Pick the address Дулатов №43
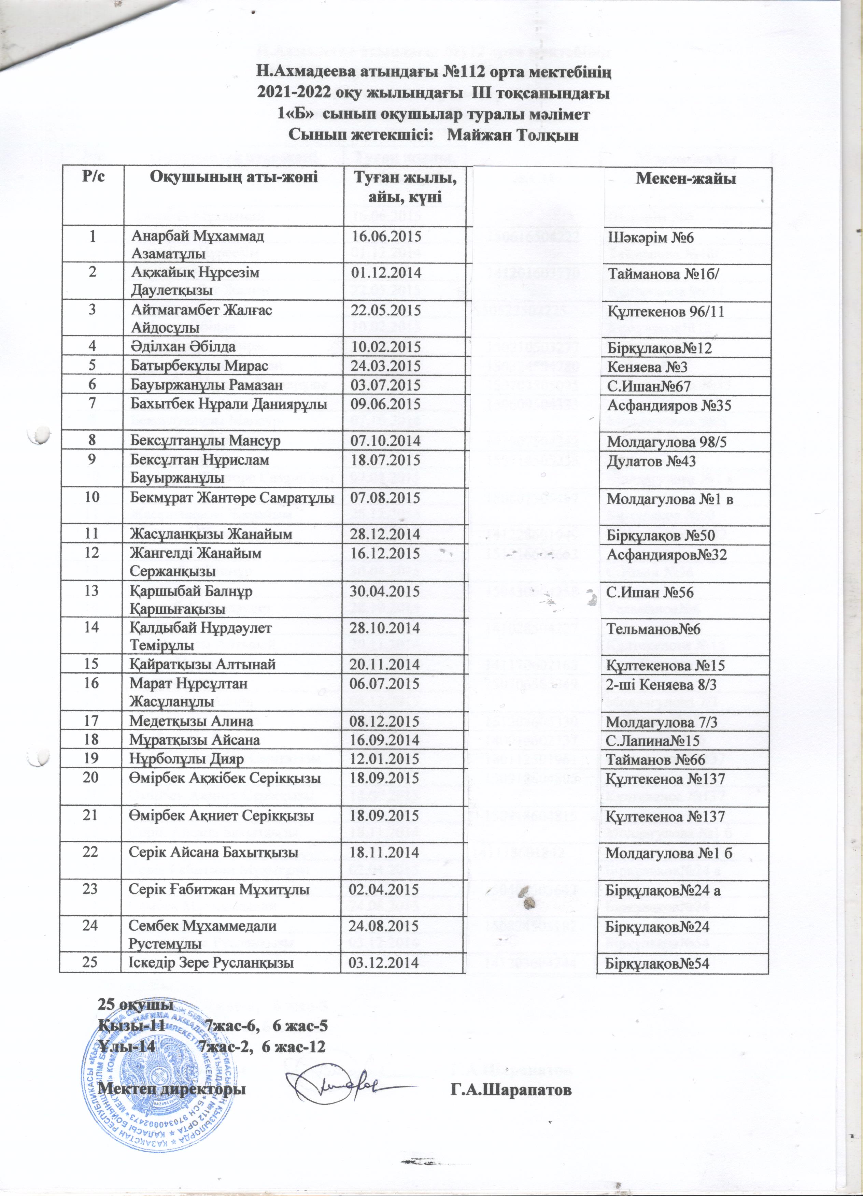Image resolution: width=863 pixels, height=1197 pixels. (651, 461)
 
